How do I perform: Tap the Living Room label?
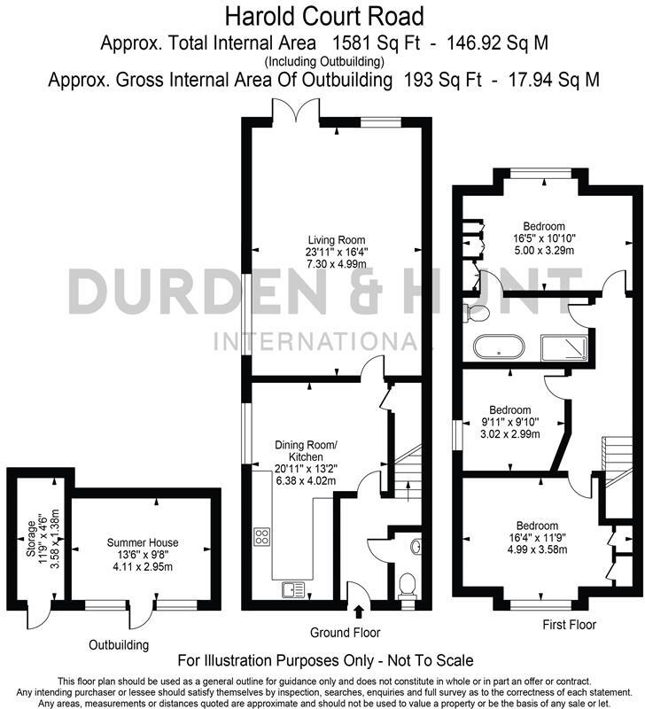[x=336, y=240]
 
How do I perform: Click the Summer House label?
[x=143, y=542]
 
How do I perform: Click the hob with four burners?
[x=263, y=535]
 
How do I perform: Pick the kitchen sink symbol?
[x=292, y=586]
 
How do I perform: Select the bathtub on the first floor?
[x=499, y=347]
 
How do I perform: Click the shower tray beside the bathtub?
[x=564, y=347]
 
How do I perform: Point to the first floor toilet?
[x=477, y=312]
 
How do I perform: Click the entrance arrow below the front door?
[x=358, y=612]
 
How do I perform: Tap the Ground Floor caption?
[x=346, y=633]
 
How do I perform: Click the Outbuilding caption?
[x=119, y=644]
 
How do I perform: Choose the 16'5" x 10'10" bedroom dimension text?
[x=543, y=238]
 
